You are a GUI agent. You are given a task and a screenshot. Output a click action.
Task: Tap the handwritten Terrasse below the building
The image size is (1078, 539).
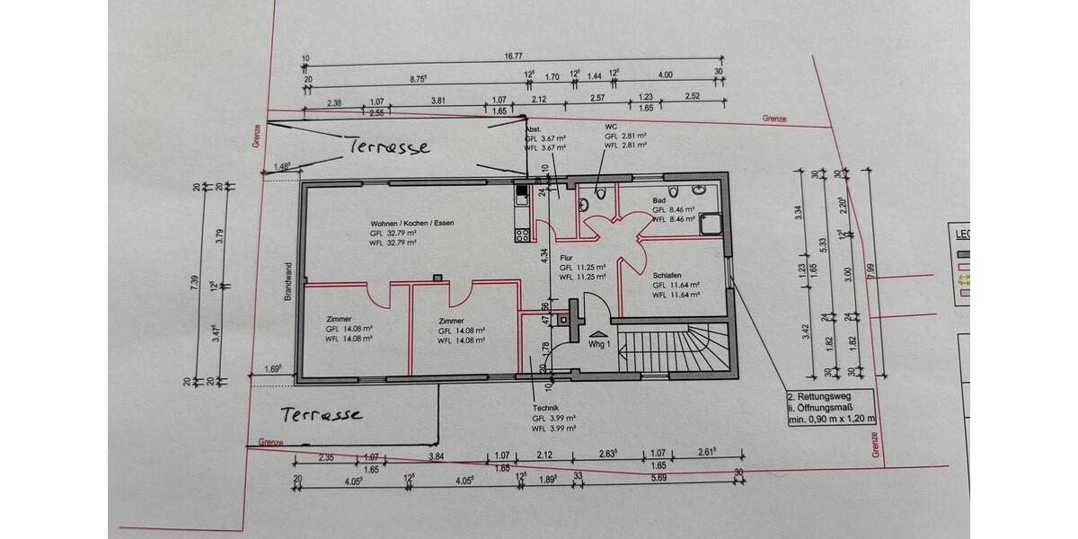(x=321, y=414)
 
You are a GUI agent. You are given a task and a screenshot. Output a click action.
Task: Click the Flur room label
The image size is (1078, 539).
(x=567, y=257)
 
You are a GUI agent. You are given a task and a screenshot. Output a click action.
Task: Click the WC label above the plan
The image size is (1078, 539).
(x=611, y=126)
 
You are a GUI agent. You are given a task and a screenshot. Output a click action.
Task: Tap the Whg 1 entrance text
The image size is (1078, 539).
(x=599, y=344)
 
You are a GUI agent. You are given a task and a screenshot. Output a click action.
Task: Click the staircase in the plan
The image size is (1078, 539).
(x=675, y=347)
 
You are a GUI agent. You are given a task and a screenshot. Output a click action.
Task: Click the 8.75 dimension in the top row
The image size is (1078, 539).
(x=418, y=78)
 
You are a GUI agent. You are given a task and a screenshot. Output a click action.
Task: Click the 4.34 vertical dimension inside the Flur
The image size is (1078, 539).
(x=544, y=254)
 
